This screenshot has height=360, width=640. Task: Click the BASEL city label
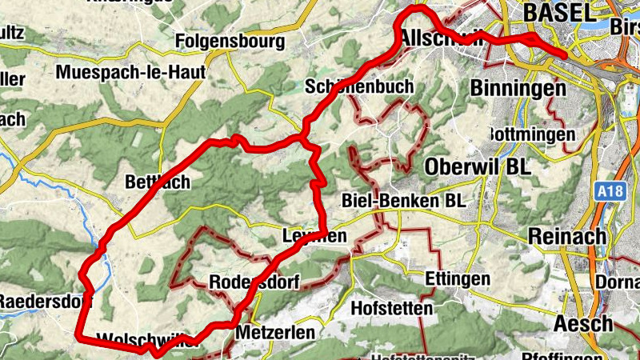point(559,13)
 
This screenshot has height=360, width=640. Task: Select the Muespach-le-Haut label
point(130,72)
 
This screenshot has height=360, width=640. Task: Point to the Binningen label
point(518,87)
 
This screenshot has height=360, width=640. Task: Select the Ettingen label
point(458,279)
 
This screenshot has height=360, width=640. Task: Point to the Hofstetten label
point(392,307)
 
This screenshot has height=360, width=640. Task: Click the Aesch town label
point(584,324)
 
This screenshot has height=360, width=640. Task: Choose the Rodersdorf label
point(254,282)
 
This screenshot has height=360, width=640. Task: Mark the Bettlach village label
point(158,182)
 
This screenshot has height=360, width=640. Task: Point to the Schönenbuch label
point(359,86)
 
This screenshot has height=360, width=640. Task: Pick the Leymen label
point(314,236)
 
